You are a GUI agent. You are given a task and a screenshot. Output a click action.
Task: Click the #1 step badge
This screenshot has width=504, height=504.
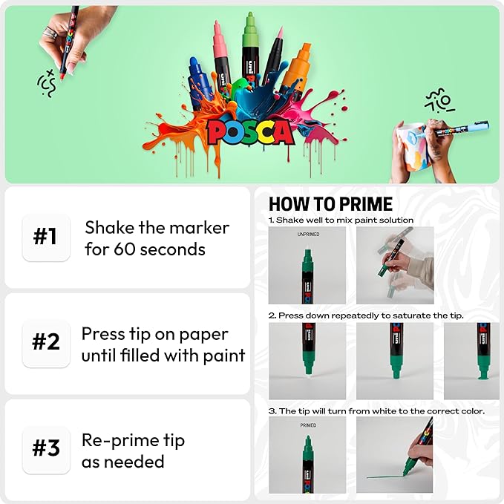tap(46, 237)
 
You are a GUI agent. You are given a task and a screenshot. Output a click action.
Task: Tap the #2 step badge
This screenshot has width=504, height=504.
tap(46, 343)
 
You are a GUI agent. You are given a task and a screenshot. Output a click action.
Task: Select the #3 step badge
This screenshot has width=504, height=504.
tap(46, 450)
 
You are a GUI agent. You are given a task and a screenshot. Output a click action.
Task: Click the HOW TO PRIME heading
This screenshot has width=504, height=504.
tap(330, 204)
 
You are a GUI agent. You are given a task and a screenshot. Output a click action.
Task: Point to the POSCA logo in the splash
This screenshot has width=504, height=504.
tap(250, 132)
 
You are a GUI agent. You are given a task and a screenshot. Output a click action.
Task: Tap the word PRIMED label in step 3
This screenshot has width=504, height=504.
tap(308, 425)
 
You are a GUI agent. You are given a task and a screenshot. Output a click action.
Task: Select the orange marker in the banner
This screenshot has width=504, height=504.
tap(296, 71)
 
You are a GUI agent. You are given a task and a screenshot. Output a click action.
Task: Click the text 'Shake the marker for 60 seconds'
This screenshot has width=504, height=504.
tap(157, 238)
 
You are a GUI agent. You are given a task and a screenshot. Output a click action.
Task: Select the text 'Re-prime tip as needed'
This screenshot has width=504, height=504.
tap(133, 451)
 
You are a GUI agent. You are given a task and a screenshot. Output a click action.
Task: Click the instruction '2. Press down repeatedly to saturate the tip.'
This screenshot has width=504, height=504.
tap(366, 315)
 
